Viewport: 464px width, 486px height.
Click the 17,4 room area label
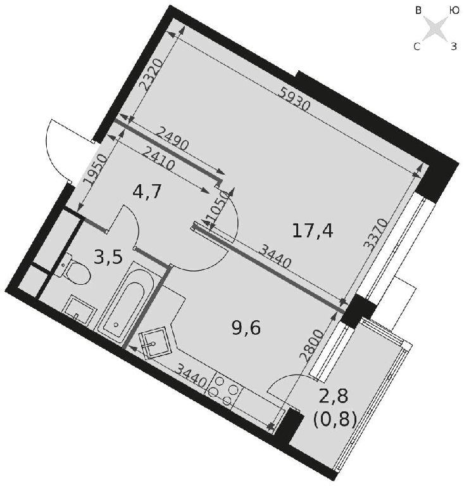point(313,231)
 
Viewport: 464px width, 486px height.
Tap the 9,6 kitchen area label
point(246,328)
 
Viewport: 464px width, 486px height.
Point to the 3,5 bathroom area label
point(108,258)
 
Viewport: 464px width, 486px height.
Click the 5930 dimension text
point(294,99)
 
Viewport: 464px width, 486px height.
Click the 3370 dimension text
point(375,235)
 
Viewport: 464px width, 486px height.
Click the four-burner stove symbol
point(224,390)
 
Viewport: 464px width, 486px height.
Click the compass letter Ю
point(454,11)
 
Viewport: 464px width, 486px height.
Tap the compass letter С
point(417,47)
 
